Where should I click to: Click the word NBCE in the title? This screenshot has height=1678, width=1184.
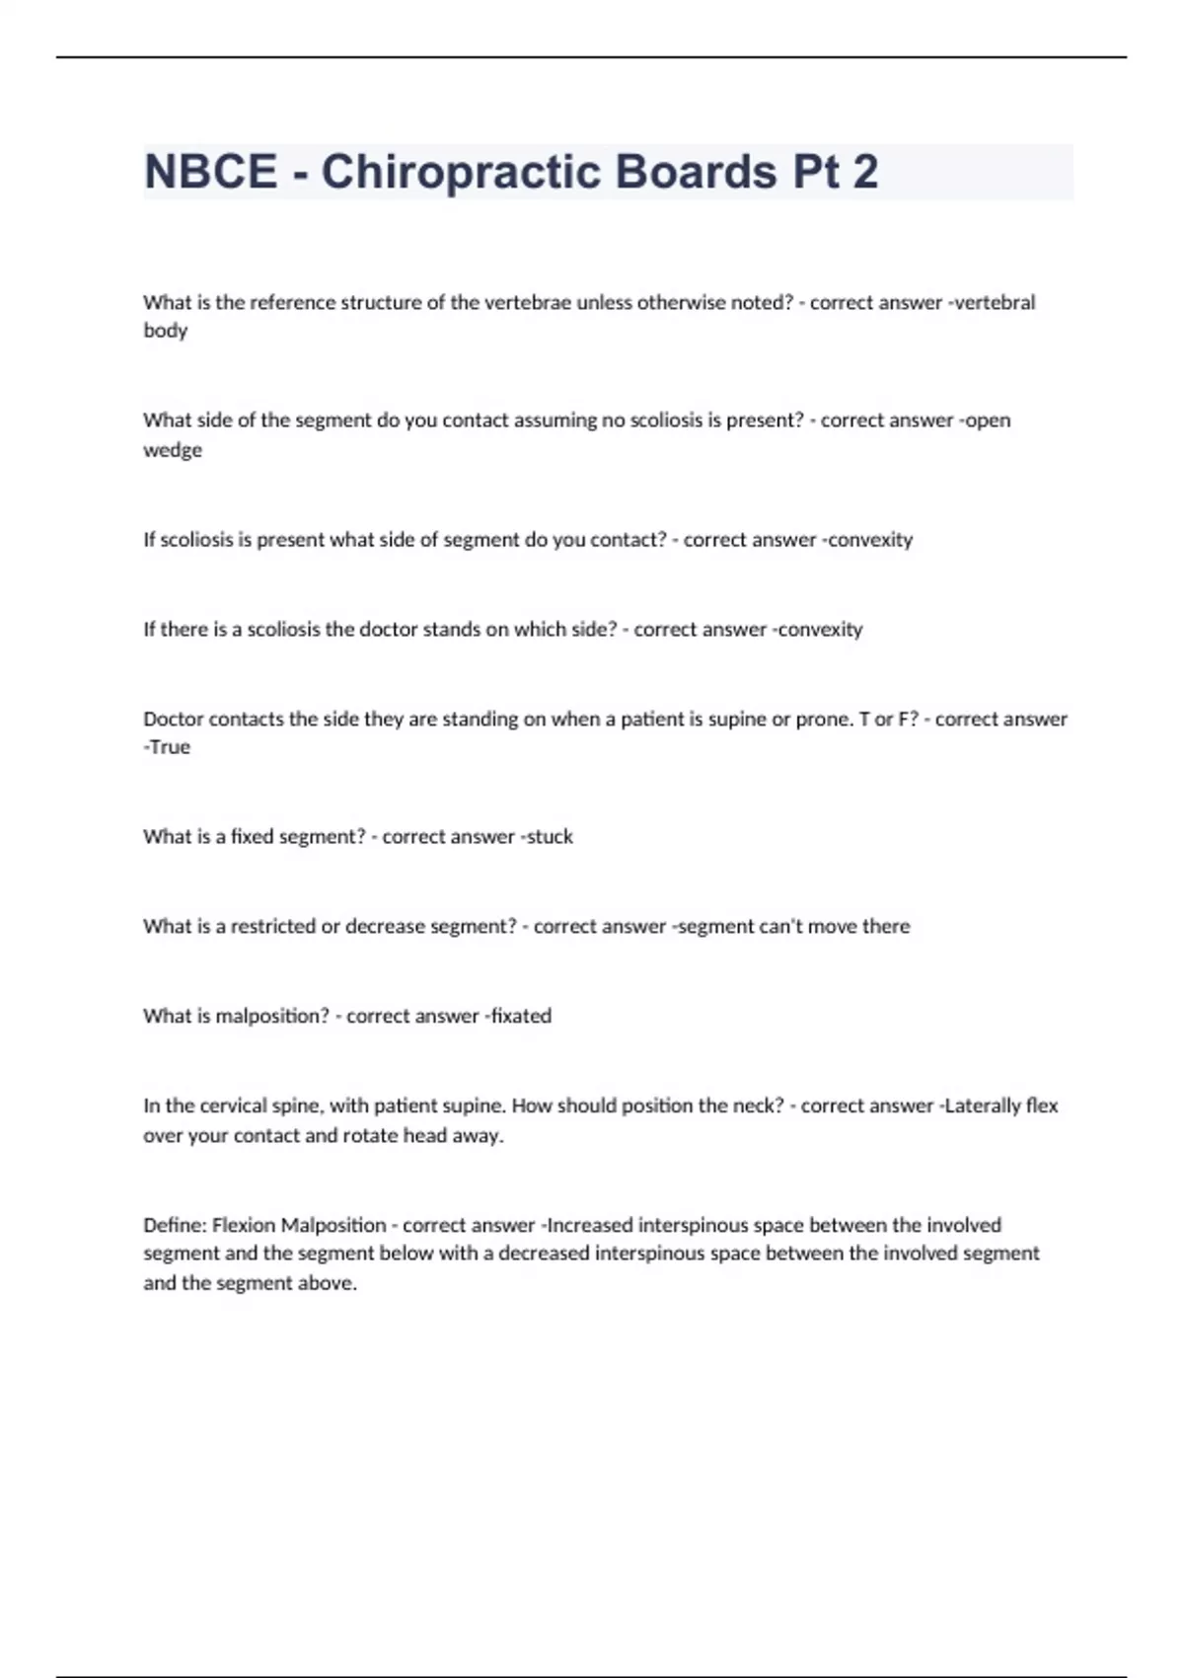tap(210, 172)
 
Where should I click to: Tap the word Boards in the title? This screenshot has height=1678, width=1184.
tap(696, 172)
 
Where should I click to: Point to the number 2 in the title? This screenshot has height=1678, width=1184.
tap(864, 172)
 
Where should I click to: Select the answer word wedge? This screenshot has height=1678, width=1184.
tap(173, 450)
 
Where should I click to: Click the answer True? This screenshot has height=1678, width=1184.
tap(170, 747)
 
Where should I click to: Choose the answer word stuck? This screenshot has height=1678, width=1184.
tap(550, 837)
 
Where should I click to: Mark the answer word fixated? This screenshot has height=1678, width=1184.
tap(521, 1017)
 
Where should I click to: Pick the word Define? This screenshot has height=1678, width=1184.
tap(175, 1226)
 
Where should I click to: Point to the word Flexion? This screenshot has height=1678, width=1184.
tap(244, 1226)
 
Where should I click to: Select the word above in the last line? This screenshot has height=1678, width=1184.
tap(327, 1284)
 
